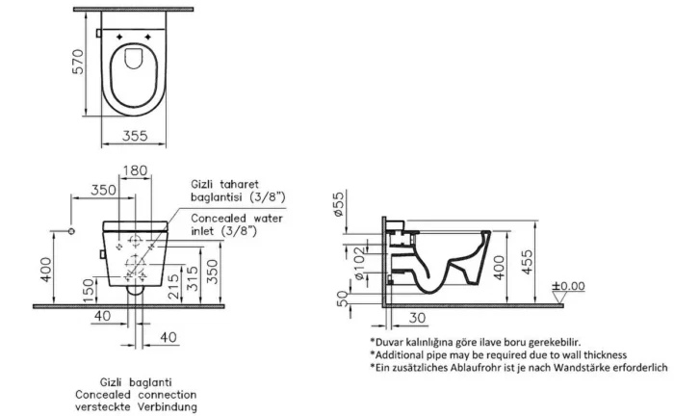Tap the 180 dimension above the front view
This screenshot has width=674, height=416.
click(138, 170)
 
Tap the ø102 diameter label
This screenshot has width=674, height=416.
click(359, 262)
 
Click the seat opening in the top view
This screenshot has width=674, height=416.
click(136, 73)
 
